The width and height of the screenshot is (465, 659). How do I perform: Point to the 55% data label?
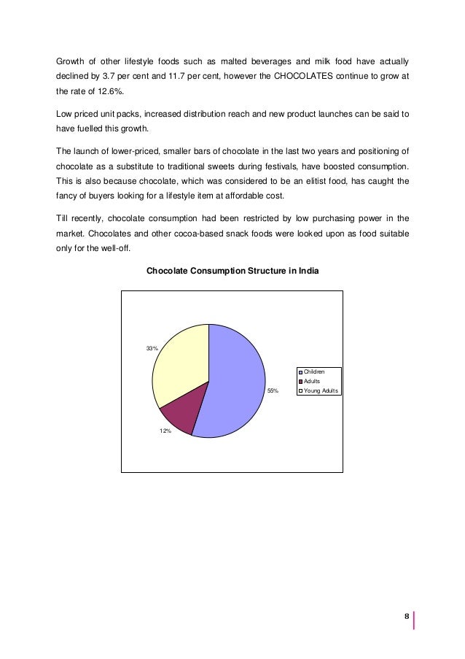coord(273,392)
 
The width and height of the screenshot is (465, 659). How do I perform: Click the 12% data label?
coord(165,431)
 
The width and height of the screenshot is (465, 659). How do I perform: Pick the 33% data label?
coord(152,349)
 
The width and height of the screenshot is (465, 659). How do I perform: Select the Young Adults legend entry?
coord(322,390)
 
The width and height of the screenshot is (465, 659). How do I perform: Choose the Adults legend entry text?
coord(313,382)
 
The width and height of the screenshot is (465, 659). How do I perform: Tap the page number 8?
coord(405,617)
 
